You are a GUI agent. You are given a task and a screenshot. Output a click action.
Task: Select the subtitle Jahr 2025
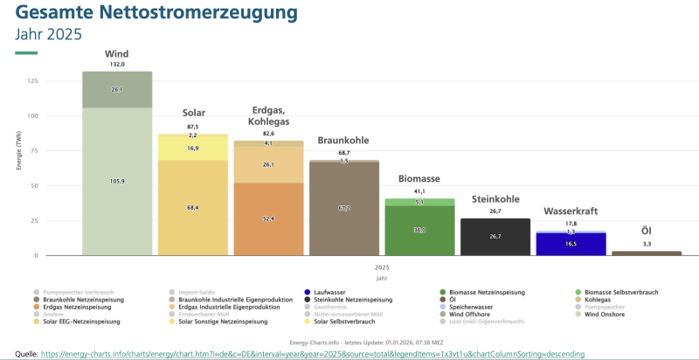[49, 35]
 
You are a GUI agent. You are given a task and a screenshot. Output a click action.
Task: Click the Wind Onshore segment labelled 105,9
[117, 181]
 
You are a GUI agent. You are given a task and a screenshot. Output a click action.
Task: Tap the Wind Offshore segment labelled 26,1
[117, 90]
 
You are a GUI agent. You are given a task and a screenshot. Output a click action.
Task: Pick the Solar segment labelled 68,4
[193, 207]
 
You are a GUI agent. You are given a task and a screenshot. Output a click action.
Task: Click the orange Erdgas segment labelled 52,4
[268, 218]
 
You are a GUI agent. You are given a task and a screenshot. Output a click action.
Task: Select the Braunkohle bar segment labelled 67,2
[344, 209]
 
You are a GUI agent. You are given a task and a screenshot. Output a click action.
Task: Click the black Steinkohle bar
[495, 237]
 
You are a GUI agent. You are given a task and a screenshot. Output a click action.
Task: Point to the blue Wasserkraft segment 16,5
[571, 244]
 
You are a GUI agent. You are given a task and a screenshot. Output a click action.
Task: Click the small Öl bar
[647, 253]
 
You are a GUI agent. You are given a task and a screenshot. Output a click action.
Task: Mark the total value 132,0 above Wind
[117, 65]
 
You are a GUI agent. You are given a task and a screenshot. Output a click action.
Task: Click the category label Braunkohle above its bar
[343, 140]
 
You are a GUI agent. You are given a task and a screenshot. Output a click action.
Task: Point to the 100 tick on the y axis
[31, 116]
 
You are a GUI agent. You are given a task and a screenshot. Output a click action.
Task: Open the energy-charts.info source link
[312, 354]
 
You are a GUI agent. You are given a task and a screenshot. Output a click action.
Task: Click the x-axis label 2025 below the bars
[382, 267]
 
